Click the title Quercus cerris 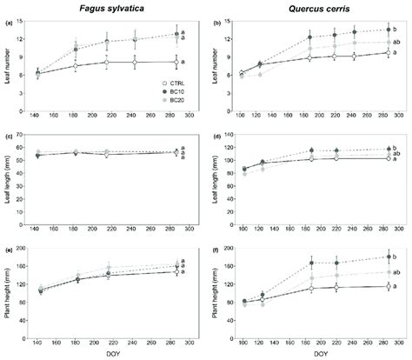[x=314, y=9]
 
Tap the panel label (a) [x=9, y=22]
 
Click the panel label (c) [x=9, y=134]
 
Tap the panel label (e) [x=9, y=248]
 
